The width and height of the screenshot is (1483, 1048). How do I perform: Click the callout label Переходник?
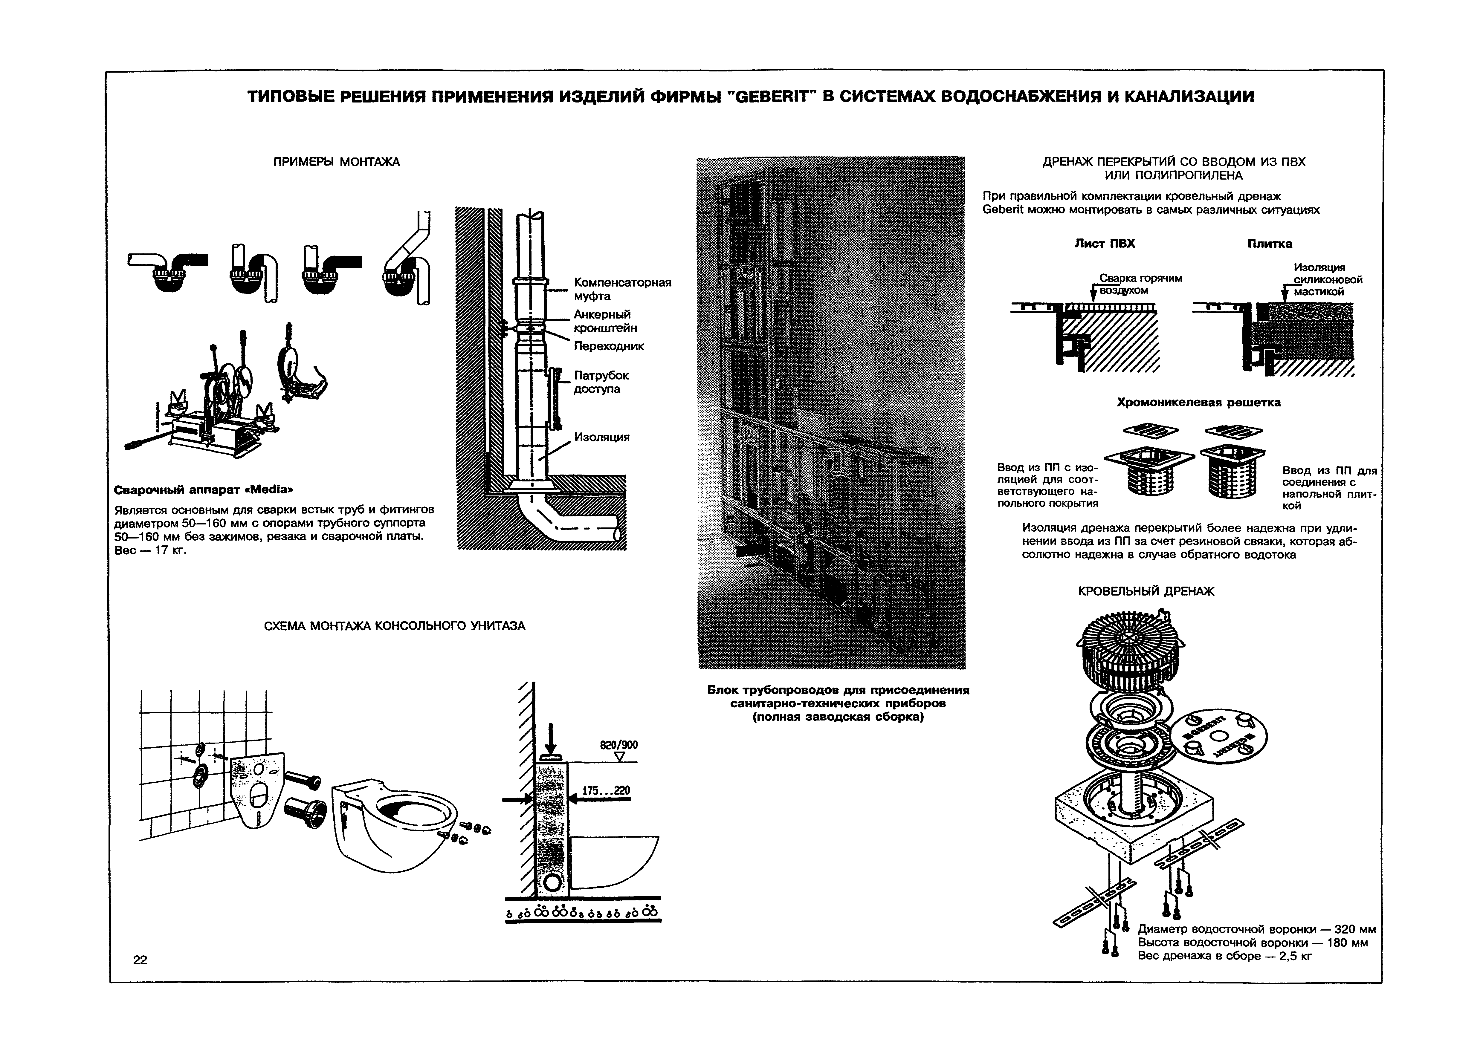[x=608, y=346]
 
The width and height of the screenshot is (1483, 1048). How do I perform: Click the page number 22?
[x=140, y=960]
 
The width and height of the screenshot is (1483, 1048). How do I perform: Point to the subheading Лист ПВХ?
[x=1104, y=244]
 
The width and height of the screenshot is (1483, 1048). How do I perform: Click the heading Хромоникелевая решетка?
[x=1198, y=402]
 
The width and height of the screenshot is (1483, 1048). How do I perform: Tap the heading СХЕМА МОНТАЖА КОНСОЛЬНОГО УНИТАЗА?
[x=395, y=626]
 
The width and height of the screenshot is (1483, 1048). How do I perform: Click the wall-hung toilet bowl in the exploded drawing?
[x=394, y=833]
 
